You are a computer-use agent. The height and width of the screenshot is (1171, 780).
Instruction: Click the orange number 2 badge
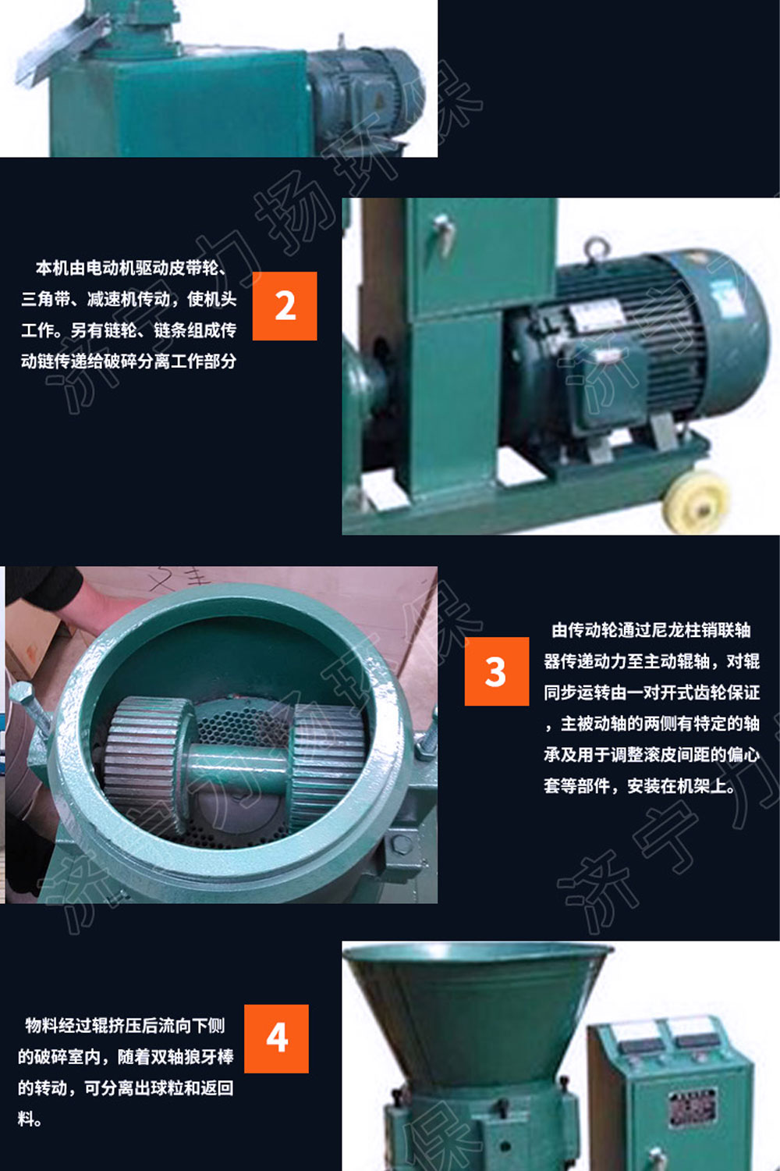(x=285, y=306)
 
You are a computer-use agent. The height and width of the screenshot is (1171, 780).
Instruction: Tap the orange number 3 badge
(x=496, y=671)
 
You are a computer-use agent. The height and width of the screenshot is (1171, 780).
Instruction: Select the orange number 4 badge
(x=276, y=1038)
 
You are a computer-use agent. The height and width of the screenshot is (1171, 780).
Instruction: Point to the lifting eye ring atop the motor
(x=596, y=249)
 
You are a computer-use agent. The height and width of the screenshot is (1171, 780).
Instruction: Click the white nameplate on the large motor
(x=597, y=318)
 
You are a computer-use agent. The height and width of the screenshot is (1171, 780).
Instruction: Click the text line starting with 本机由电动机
(x=131, y=268)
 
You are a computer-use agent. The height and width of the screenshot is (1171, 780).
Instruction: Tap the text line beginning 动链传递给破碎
(x=129, y=361)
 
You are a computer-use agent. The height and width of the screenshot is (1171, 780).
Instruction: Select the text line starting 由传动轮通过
(x=651, y=630)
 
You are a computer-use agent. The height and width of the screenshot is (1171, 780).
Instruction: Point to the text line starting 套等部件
(x=640, y=785)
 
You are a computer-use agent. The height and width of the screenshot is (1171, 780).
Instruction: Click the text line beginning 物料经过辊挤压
(x=125, y=1025)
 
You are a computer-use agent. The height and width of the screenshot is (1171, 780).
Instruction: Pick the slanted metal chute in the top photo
(x=62, y=47)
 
